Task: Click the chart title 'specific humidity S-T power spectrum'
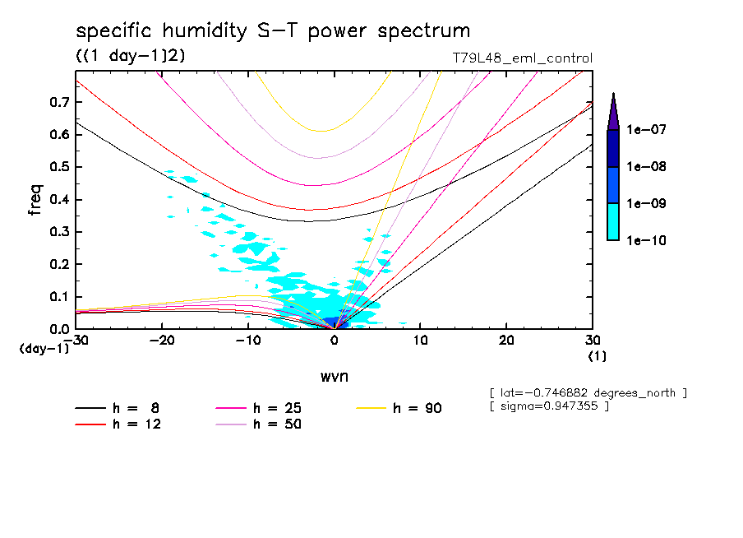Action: pos(273,31)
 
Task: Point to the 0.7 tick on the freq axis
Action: pos(58,102)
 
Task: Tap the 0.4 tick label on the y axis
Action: pos(58,200)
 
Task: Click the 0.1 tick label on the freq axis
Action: pos(58,297)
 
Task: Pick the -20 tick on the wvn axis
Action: pos(162,341)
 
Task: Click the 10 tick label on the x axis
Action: pos(421,341)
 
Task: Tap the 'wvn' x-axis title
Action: pos(334,376)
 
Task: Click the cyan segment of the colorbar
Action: pos(613,221)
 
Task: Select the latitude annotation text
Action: pos(588,392)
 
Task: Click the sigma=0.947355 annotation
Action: pos(549,406)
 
